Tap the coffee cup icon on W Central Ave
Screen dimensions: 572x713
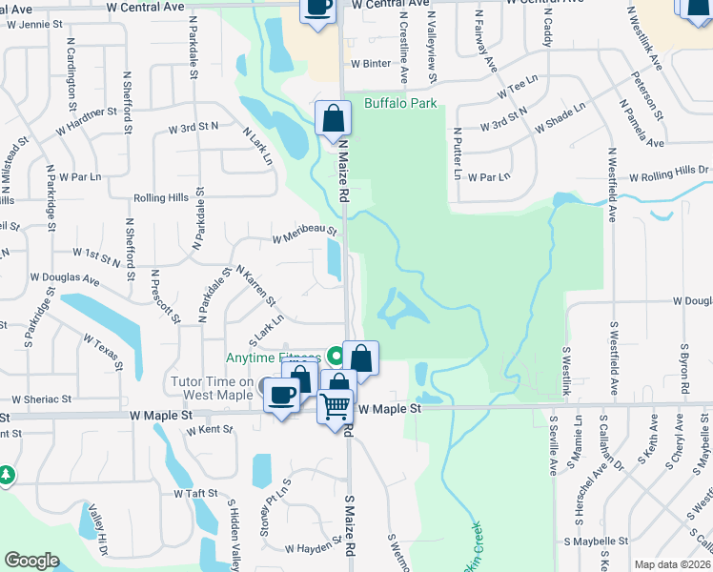tap(317, 8)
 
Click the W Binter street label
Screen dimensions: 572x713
tap(371, 64)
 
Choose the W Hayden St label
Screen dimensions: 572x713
tap(314, 548)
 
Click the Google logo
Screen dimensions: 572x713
tap(31, 561)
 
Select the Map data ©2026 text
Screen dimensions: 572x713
tap(672, 564)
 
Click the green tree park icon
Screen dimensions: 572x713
tap(7, 474)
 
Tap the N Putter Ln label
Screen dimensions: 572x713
tap(457, 154)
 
